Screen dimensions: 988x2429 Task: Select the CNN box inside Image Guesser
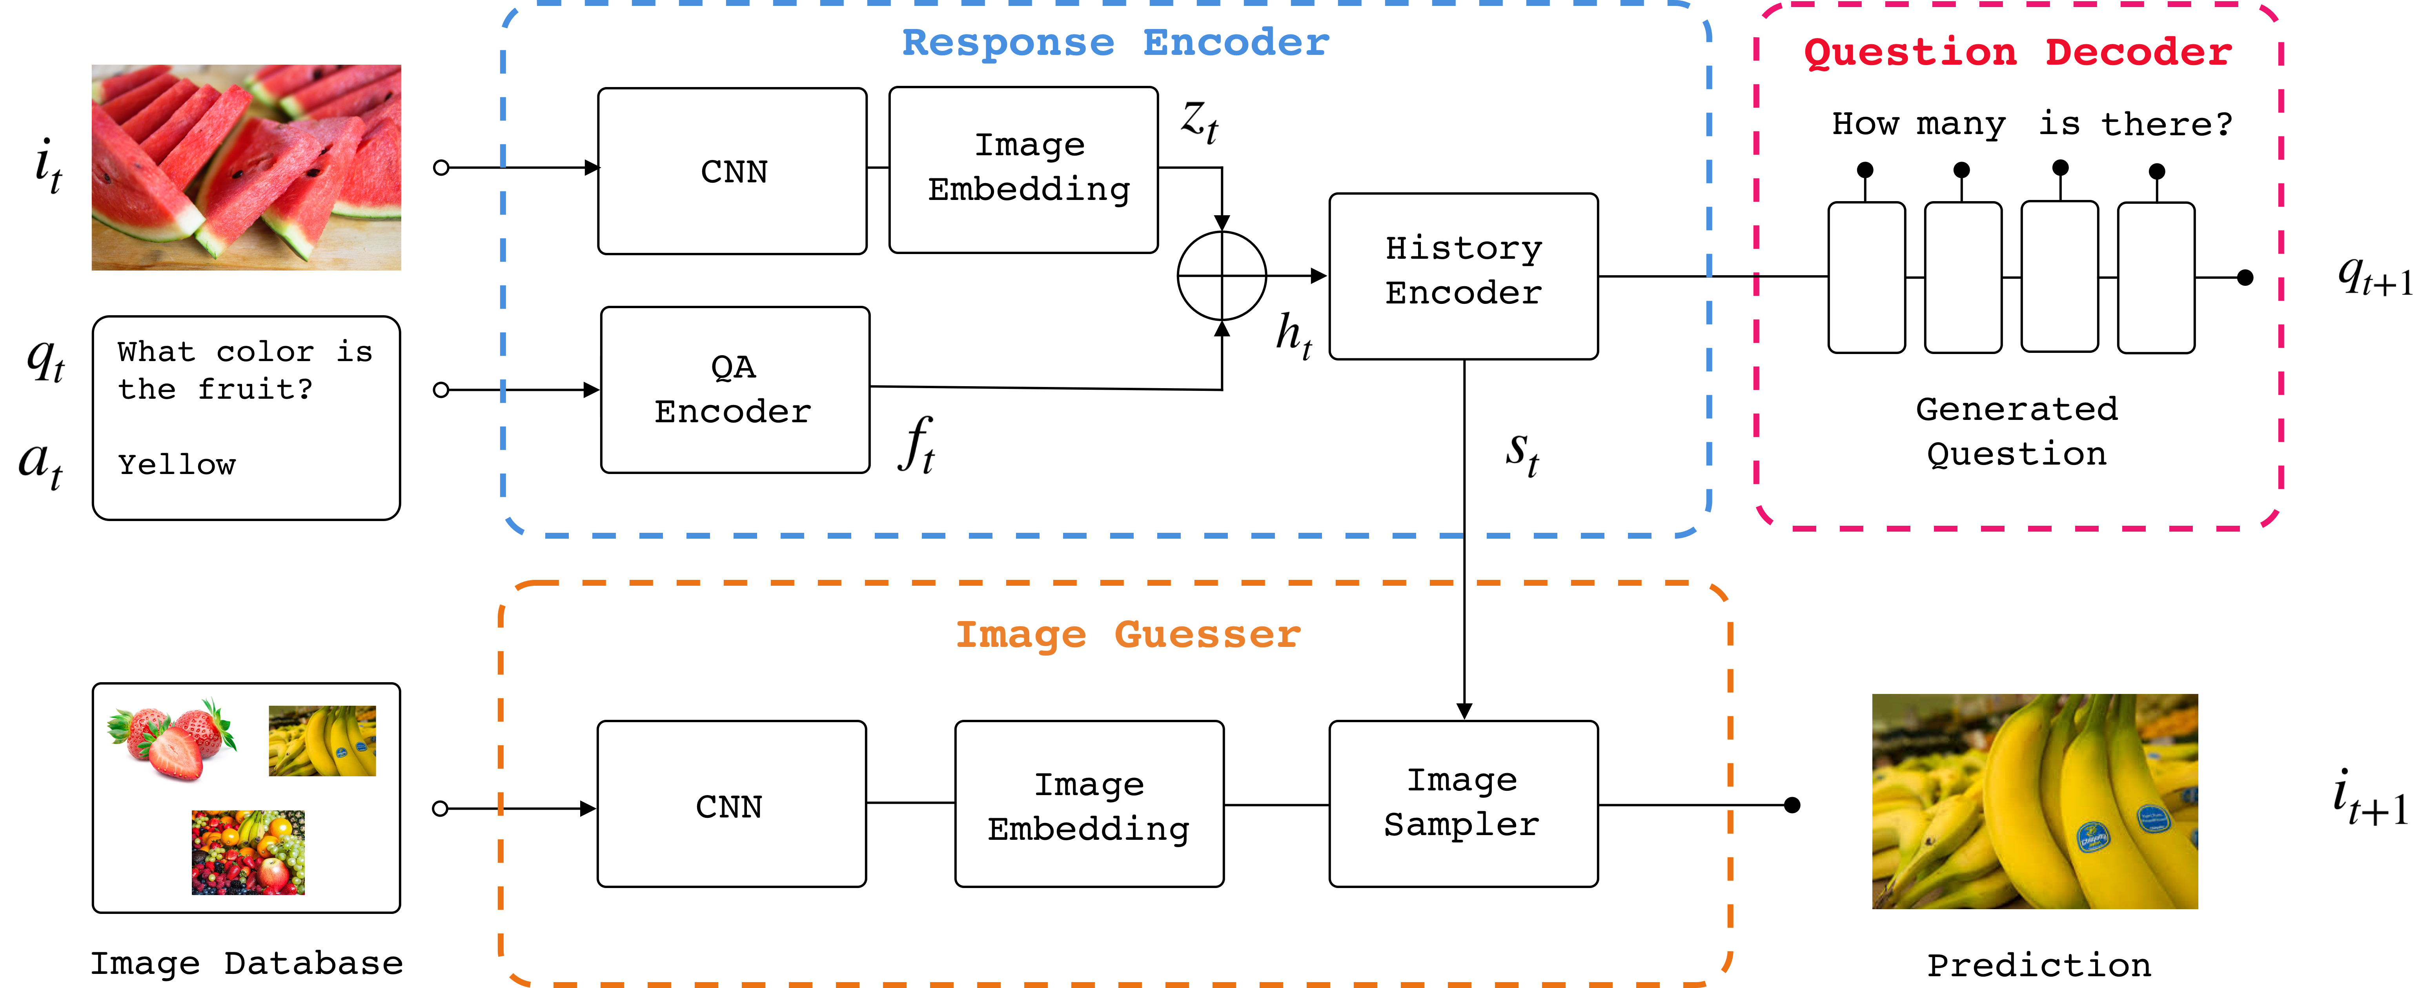pyautogui.click(x=731, y=804)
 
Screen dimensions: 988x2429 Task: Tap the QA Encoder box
pyautogui.click(x=735, y=389)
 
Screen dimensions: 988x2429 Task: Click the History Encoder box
pyautogui.click(x=1462, y=275)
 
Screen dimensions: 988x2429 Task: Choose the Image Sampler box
pyautogui.click(x=1462, y=803)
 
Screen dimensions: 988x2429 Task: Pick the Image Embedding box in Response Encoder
pyautogui.click(x=1023, y=170)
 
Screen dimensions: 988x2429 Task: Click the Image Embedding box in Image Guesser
pyautogui.click(x=1089, y=804)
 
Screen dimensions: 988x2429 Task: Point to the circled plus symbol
pyautogui.click(x=1221, y=275)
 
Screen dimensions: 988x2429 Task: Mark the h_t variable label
pyautogui.click(x=1294, y=335)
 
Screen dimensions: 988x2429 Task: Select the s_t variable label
pyautogui.click(x=1523, y=452)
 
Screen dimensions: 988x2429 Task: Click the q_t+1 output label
pyautogui.click(x=2375, y=277)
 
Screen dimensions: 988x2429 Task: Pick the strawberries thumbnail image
pyautogui.click(x=173, y=741)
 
